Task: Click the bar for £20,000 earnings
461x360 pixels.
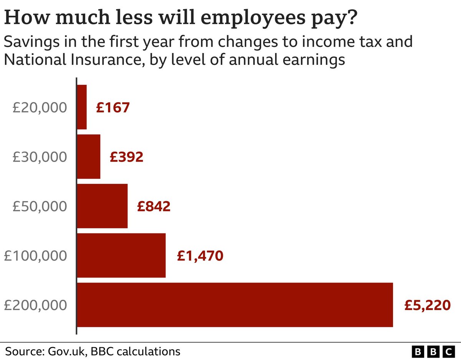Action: [x=82, y=107]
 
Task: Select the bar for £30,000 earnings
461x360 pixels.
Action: [x=89, y=157]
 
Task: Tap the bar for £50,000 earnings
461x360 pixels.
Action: [x=103, y=206]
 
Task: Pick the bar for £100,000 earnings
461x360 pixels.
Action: [x=121, y=256]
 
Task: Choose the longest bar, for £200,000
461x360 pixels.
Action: [x=235, y=305]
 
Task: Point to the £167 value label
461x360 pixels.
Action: [x=113, y=107]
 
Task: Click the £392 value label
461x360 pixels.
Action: [x=126, y=157]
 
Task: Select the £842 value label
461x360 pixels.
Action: [x=154, y=206]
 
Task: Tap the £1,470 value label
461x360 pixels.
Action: [x=200, y=256]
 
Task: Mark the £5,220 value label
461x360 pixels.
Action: [x=427, y=306]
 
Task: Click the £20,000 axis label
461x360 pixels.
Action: [x=40, y=107]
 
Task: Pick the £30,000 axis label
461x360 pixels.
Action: [x=40, y=157]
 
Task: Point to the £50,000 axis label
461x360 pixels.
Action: [x=40, y=206]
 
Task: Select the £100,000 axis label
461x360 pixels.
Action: [x=36, y=256]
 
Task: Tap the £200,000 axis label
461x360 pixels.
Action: [x=36, y=306]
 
